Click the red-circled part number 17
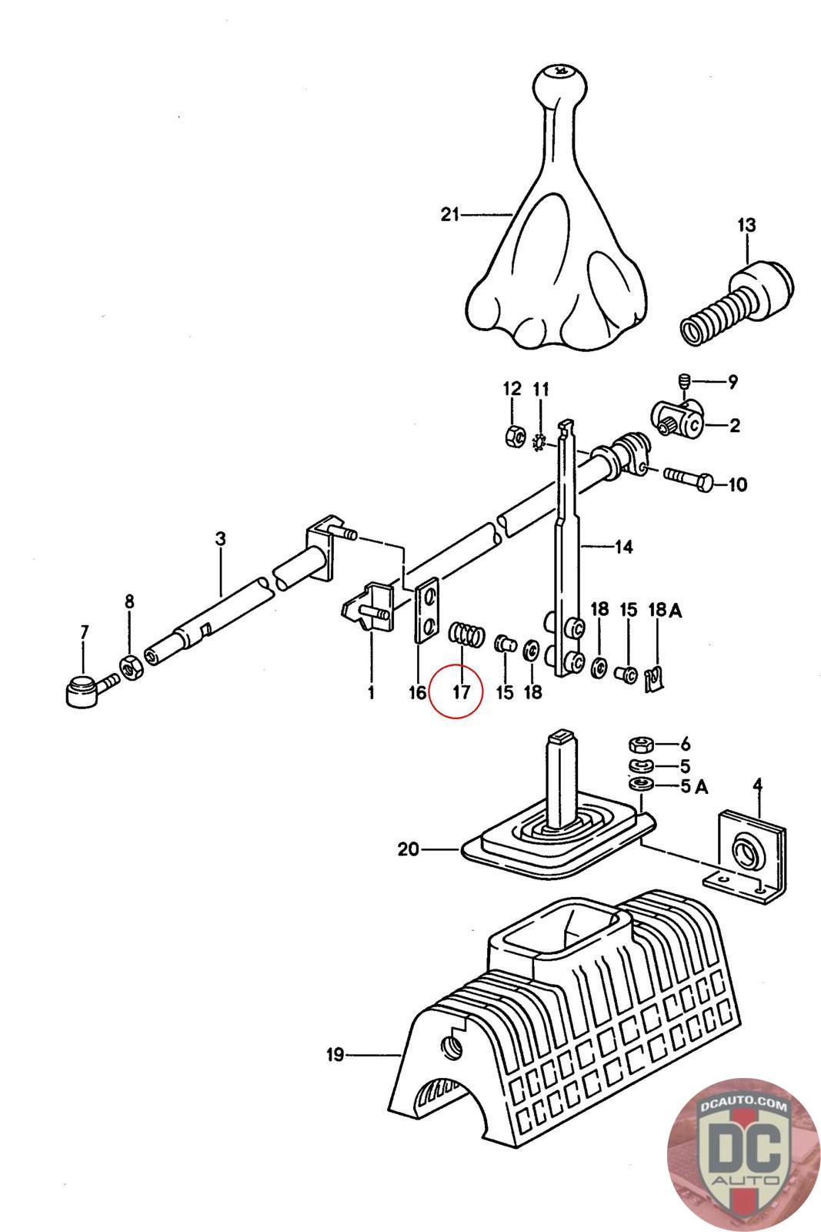[461, 691]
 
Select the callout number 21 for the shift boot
[449, 214]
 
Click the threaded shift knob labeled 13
[737, 305]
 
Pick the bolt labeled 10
[689, 483]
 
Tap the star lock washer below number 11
[540, 441]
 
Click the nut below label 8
[129, 667]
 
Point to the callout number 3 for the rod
[220, 538]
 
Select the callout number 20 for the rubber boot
[408, 849]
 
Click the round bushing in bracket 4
[746, 852]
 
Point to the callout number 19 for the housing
[335, 1055]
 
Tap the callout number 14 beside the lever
[624, 547]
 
